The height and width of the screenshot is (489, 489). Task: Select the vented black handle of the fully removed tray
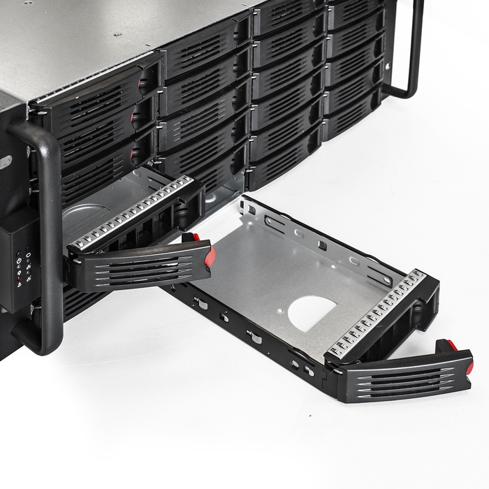(x=405, y=378)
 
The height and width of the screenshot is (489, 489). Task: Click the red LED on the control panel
(x=19, y=278)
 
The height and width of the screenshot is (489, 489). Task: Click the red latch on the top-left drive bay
(x=143, y=84)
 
